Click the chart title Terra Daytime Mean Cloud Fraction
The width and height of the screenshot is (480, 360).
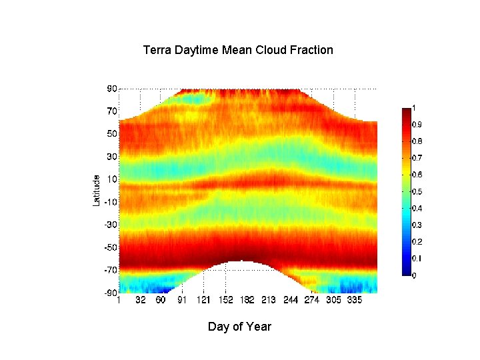click(238, 50)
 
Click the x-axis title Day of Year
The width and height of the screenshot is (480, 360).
click(239, 327)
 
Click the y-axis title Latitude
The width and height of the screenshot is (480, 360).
click(96, 190)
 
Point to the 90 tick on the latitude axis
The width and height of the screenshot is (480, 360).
click(112, 89)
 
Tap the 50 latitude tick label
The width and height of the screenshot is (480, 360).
click(112, 134)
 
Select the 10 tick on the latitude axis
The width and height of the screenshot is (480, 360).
click(112, 179)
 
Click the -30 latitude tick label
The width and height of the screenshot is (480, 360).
click(111, 225)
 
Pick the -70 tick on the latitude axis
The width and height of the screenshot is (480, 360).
click(111, 270)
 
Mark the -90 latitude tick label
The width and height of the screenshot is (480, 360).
click(111, 293)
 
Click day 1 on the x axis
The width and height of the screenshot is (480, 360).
click(119, 301)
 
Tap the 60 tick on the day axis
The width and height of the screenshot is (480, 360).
click(161, 301)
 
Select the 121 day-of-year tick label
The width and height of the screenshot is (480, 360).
click(204, 301)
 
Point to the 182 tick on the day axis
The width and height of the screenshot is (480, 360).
click(247, 301)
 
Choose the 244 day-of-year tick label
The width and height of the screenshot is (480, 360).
click(291, 301)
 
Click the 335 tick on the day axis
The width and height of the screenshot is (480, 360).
click(355, 301)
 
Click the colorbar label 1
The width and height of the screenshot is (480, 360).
click(415, 108)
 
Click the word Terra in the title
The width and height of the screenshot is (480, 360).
click(157, 50)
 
